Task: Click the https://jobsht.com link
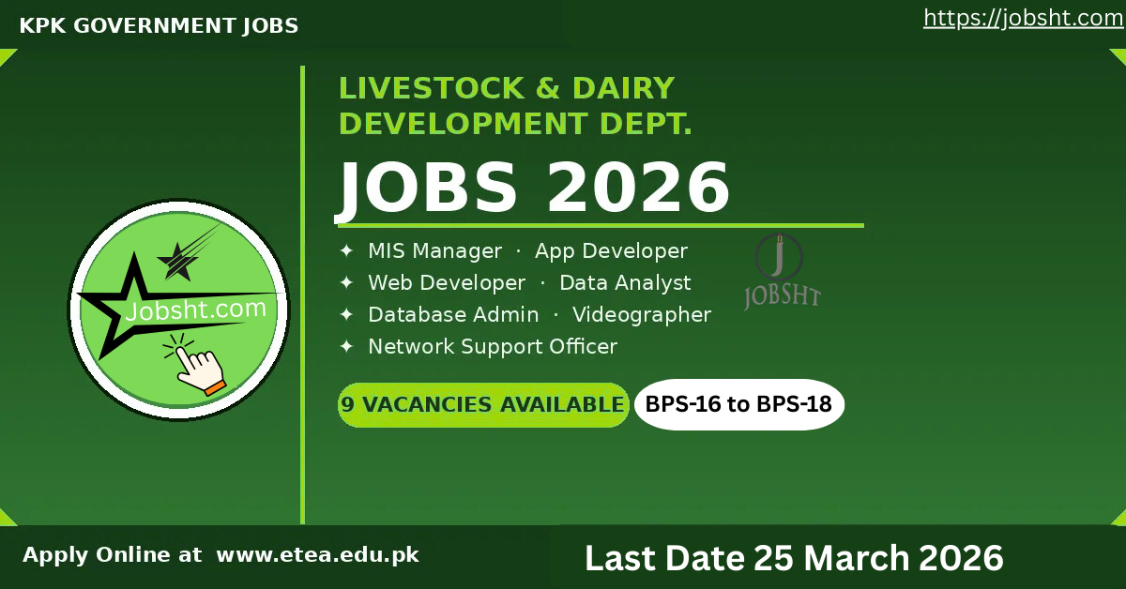pos(1023,18)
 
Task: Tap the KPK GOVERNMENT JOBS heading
pos(159,26)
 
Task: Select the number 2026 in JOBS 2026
pos(638,187)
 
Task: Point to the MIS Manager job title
pos(434,251)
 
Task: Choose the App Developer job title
pos(611,251)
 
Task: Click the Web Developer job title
pos(447,282)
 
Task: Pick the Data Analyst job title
pos(625,282)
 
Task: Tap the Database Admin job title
pos(453,314)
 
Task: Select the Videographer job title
pos(642,314)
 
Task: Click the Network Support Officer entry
pos(493,346)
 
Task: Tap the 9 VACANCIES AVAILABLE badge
pos(482,405)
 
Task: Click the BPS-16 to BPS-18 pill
pos(739,405)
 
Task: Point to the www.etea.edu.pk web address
pos(317,554)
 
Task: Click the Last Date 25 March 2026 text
pos(794,558)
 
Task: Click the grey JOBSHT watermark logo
pos(782,272)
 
